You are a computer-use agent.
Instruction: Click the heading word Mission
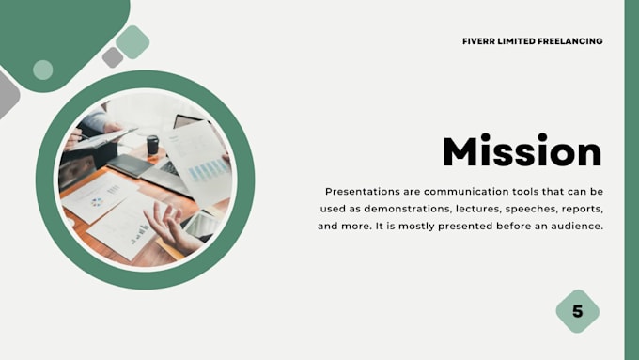click(x=522, y=152)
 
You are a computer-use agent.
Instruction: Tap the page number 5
click(x=577, y=311)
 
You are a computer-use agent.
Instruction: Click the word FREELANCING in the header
click(x=569, y=41)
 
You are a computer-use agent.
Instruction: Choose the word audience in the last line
click(x=573, y=227)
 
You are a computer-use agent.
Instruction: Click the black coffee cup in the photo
click(x=152, y=145)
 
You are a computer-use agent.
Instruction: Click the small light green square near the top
click(x=132, y=42)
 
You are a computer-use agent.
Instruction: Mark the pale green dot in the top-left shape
click(x=42, y=70)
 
